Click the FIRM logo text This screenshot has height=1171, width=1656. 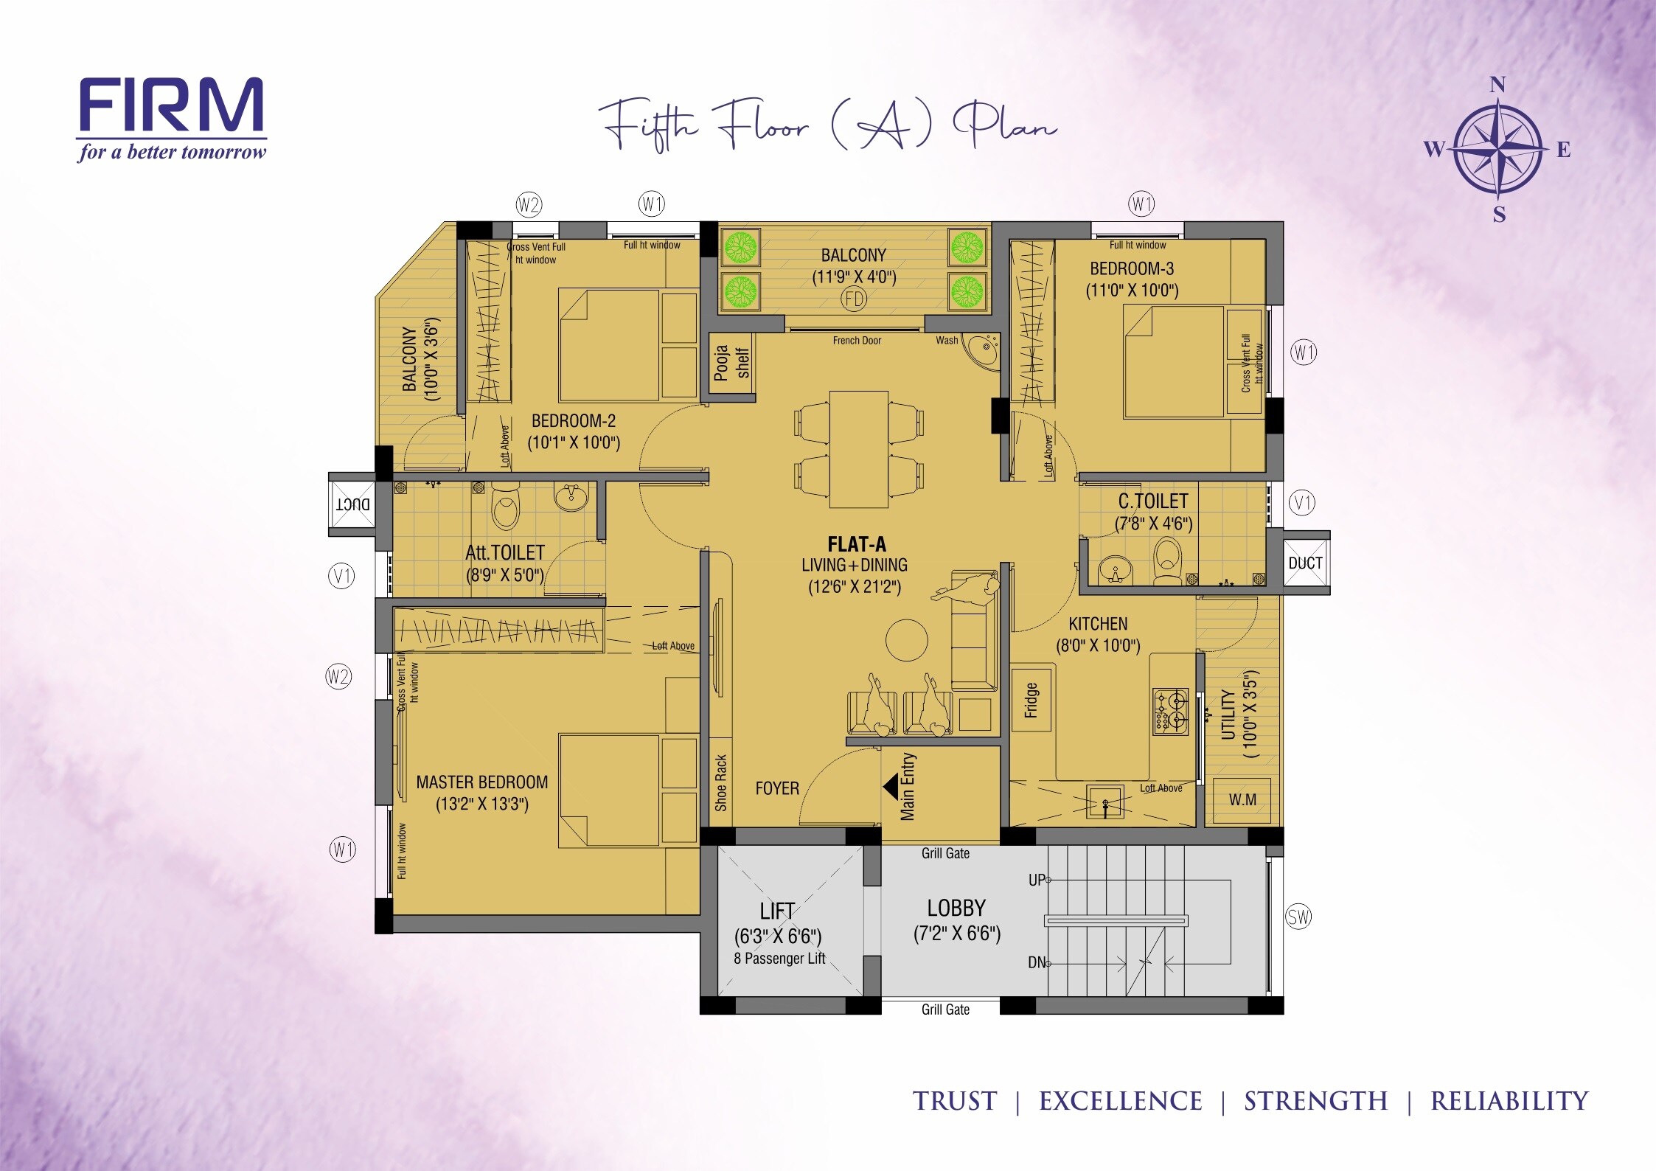[170, 105]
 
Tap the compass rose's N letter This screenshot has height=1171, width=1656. [1497, 85]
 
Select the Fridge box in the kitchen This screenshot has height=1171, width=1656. [1031, 700]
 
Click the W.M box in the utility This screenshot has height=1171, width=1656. [1242, 800]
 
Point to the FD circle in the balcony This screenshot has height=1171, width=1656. [854, 299]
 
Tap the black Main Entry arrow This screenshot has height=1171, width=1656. [890, 786]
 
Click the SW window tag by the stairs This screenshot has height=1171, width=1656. [1298, 917]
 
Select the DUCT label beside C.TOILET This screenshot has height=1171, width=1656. [1305, 563]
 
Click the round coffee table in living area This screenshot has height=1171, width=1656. [906, 640]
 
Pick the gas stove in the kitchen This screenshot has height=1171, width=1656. [1171, 711]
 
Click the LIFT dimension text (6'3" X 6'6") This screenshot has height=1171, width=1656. [777, 937]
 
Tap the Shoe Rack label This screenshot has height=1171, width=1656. [721, 782]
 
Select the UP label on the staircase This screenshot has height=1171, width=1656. [1037, 880]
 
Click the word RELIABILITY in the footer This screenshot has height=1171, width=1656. [1509, 1101]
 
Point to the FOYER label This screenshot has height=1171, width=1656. [777, 788]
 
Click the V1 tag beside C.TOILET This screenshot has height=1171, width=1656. [1301, 504]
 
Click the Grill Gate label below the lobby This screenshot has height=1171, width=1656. [945, 1010]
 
